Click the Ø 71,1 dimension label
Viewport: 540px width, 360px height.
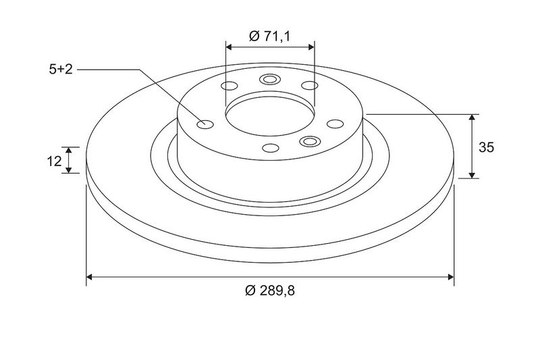269,36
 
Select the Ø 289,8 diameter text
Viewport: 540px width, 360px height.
270,291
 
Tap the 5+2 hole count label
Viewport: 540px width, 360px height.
61,70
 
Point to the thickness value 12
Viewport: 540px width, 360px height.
54,161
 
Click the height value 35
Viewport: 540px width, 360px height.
486,147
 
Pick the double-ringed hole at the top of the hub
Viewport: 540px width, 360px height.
269,80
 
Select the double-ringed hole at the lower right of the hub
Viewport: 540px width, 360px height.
310,141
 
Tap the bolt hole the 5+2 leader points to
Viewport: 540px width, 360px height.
205,124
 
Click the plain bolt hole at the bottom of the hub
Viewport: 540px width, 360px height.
271,148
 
